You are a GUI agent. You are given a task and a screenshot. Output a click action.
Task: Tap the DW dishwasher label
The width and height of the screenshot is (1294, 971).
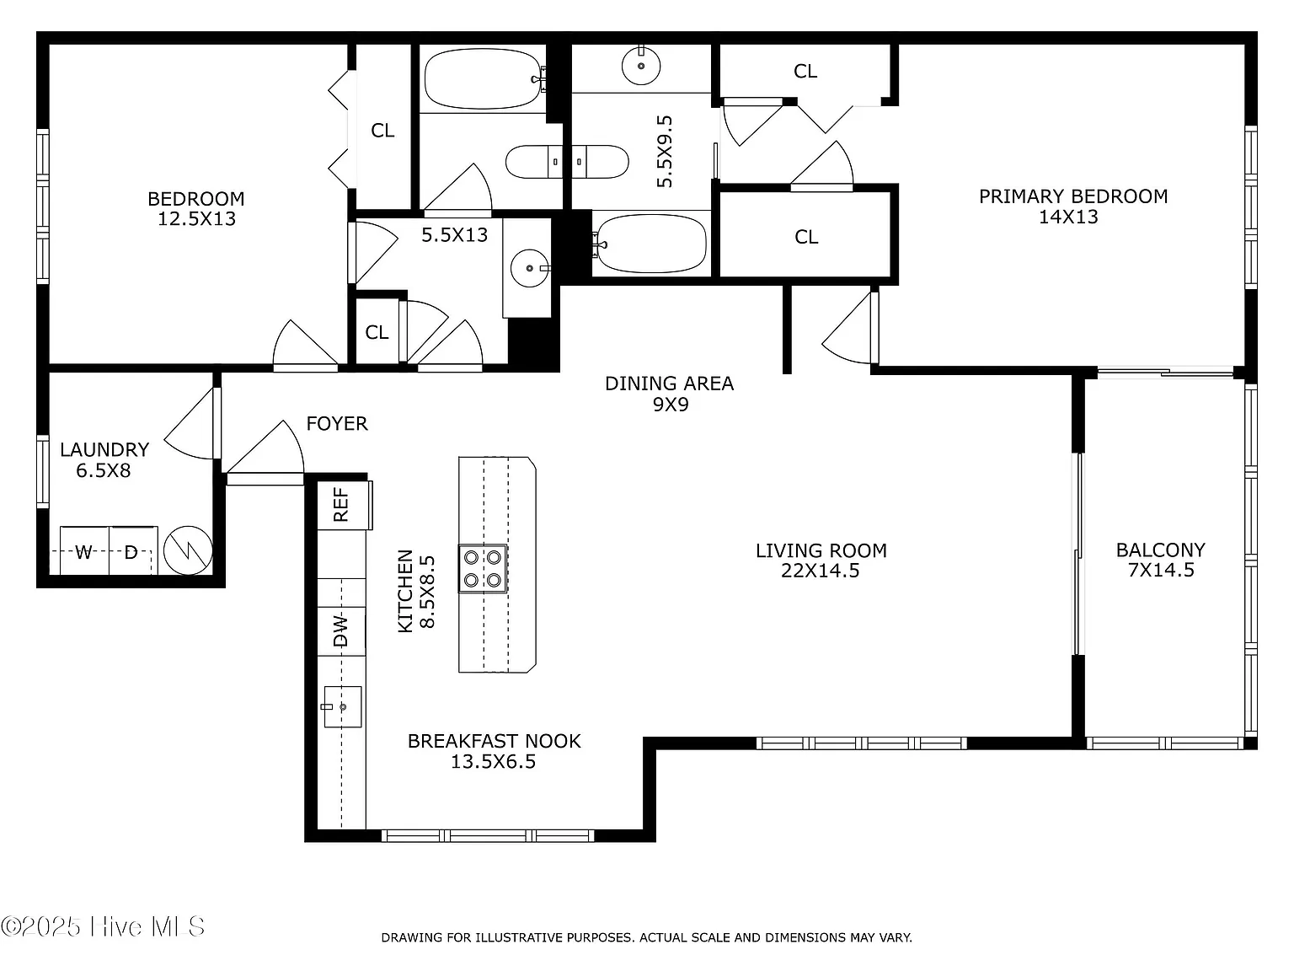click(x=341, y=630)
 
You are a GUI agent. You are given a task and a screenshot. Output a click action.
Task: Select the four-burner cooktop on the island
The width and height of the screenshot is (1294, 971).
click(x=483, y=568)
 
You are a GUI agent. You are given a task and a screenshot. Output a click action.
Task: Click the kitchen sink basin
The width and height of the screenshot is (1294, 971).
click(x=342, y=706)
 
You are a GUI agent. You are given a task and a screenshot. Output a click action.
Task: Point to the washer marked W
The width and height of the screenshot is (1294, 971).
click(x=83, y=550)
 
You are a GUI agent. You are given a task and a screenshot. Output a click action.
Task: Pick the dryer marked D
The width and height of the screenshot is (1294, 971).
click(x=132, y=550)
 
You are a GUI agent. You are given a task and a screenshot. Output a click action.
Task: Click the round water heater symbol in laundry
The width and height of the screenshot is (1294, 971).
click(x=188, y=550)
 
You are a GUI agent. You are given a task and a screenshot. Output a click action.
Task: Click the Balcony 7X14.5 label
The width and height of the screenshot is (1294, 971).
click(x=1161, y=560)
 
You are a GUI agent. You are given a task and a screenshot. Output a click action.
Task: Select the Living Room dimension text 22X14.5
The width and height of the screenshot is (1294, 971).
click(x=821, y=571)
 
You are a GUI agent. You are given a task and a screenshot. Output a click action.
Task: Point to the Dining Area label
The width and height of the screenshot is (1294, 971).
click(x=670, y=384)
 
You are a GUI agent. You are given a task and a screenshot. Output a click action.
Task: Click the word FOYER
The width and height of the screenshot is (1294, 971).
click(x=337, y=423)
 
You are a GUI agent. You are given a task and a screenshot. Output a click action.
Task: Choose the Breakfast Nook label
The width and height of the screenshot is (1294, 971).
click(x=494, y=741)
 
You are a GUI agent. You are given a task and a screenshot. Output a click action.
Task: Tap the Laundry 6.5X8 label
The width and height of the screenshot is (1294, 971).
click(x=104, y=460)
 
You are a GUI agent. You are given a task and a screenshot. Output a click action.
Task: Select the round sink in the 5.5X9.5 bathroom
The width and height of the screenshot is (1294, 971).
click(x=641, y=66)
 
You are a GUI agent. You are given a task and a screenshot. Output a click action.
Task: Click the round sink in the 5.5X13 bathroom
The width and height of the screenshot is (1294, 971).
click(x=529, y=268)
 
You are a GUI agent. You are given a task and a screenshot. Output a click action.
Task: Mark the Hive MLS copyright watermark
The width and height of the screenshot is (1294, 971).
click(x=103, y=927)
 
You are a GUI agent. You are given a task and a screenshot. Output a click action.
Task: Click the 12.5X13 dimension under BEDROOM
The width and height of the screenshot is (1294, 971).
click(x=197, y=218)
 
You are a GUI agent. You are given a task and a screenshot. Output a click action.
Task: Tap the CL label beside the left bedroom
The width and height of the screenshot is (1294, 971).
click(x=382, y=131)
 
